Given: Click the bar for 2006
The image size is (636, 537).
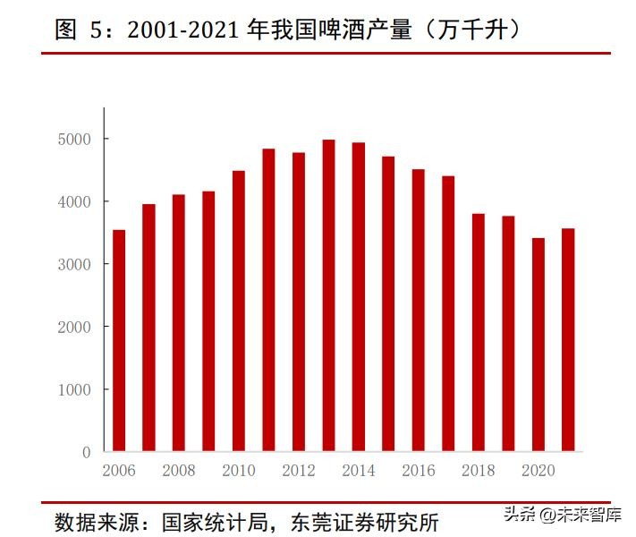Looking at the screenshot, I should click(119, 340).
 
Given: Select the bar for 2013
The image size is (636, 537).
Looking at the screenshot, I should click(328, 295).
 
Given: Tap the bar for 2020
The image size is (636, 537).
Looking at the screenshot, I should click(538, 345).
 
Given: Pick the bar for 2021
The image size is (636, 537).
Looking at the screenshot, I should click(568, 339).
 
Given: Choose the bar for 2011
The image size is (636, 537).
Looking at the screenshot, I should click(268, 300).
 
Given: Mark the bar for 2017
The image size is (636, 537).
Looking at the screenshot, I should click(448, 313).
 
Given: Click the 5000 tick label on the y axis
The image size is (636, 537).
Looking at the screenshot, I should click(75, 139).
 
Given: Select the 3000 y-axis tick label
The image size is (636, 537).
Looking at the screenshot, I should click(75, 264).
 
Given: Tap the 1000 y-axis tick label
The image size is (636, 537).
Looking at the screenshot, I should click(75, 389).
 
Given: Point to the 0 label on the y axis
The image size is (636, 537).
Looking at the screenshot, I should click(87, 452).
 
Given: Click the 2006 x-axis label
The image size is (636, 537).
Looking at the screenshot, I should click(119, 470).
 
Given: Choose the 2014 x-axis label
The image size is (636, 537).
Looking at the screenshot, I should click(358, 470).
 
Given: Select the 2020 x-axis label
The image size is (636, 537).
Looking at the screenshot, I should click(538, 470).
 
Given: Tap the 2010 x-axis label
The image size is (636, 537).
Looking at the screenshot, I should click(238, 470).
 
